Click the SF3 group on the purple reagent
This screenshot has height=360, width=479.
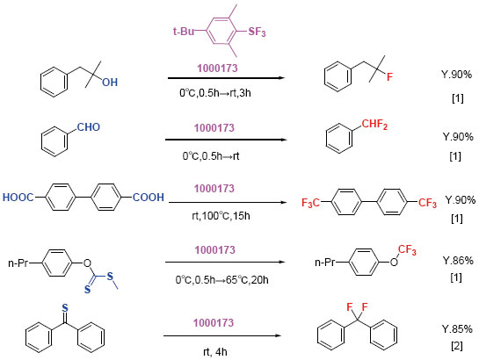coord(257,32)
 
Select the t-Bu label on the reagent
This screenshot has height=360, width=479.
coord(184,31)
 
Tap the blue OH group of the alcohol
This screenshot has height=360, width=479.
coord(110,82)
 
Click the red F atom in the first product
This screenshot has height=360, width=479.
coord(389,76)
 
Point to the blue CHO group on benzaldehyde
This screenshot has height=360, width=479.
coord(89,127)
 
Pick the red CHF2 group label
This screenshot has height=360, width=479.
coord(374,124)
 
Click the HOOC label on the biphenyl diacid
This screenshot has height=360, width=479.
coord(18,198)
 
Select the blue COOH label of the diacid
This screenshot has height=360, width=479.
coord(149,197)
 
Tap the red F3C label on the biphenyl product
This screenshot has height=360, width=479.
coord(310,203)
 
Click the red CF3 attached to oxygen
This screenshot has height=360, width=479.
coord(407,250)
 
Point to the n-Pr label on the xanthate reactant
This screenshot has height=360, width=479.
coord(18,263)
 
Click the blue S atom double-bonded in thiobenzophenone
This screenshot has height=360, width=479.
coord(65,308)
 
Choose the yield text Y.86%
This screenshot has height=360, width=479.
coord(458,261)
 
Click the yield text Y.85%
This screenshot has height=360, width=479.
coord(457,329)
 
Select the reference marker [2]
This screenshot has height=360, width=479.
coord(457,346)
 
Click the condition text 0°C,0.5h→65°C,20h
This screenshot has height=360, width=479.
coord(222,280)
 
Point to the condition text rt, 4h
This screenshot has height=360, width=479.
coord(215,352)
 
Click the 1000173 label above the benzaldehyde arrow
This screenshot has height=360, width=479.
coord(214,128)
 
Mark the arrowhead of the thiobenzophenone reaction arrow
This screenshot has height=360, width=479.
coord(279,336)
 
